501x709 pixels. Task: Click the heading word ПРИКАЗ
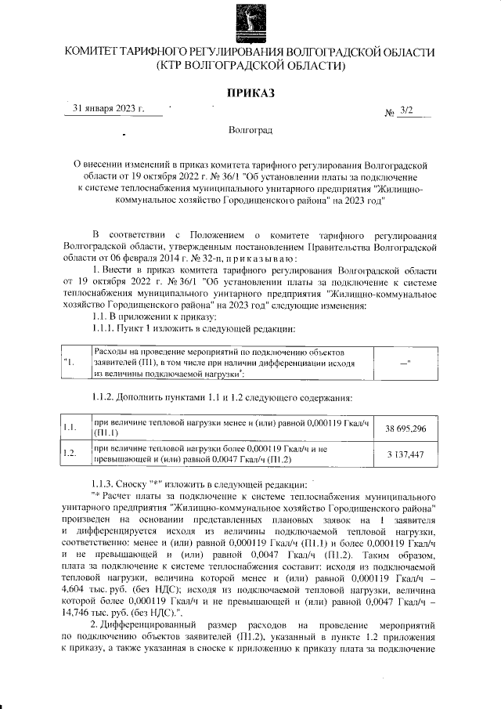click(250, 93)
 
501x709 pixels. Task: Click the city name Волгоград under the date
click(250, 128)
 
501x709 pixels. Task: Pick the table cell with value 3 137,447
click(405, 454)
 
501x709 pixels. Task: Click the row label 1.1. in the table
click(69, 428)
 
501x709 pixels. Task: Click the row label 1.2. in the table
click(69, 454)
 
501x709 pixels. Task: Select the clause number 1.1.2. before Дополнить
click(108, 399)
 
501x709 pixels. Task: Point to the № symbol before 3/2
click(389, 113)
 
